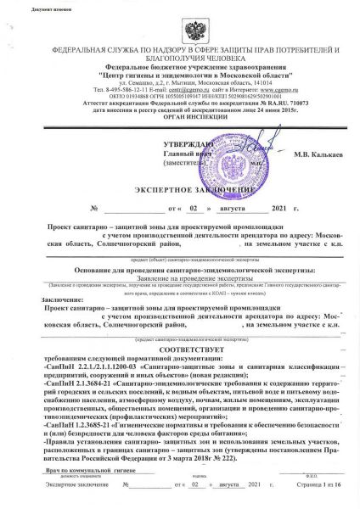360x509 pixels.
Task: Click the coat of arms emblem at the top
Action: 178,26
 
